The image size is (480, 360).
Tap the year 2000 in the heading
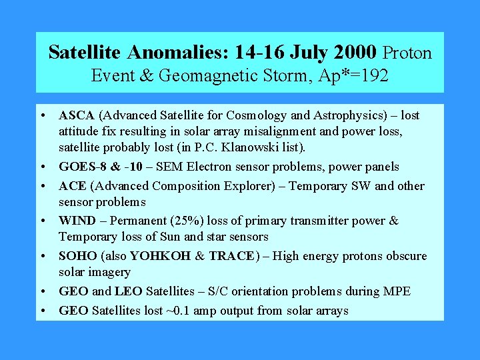pos(353,52)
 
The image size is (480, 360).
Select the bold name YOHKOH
pos(160,256)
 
